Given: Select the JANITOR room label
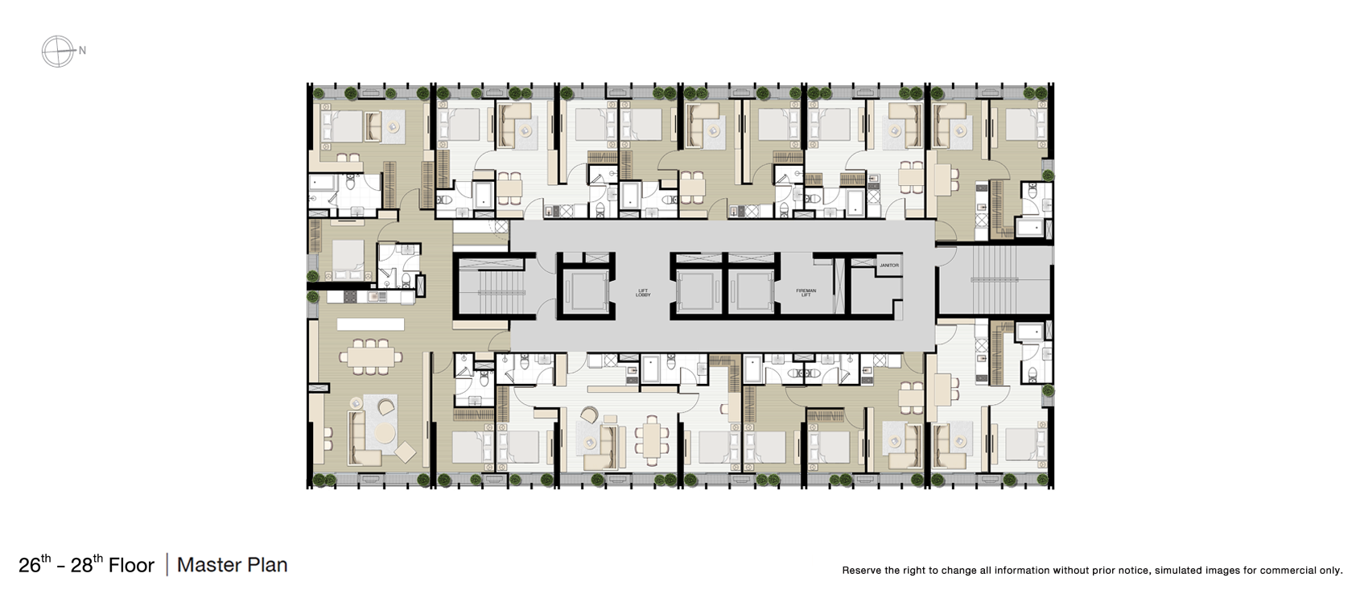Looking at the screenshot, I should coord(888,265).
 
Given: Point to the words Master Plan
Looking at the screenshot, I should coord(232,565).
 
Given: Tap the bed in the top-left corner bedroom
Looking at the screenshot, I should coord(343,127).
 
